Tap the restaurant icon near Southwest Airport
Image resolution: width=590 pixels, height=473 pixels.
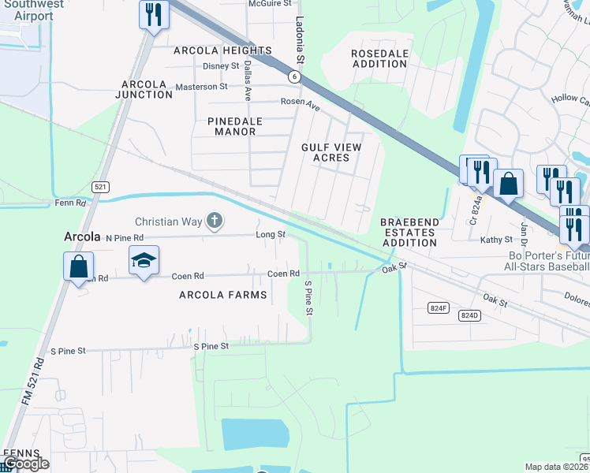point(154,14)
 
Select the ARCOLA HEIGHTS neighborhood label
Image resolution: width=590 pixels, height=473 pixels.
point(223,50)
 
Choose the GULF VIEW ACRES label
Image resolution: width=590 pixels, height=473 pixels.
point(331,152)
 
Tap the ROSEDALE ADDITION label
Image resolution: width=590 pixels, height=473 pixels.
point(380,58)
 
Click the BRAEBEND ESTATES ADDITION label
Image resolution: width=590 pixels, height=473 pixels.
point(409,233)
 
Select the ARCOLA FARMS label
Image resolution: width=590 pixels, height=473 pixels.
point(223,295)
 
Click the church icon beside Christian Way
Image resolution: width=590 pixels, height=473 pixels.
point(214,222)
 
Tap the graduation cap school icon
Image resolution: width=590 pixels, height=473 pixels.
point(144,260)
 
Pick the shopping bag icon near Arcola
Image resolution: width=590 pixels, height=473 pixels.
point(79,266)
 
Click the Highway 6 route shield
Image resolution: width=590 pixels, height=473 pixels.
point(294,76)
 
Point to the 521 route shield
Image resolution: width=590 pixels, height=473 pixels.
point(99,187)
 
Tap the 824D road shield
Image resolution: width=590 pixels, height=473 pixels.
point(469,315)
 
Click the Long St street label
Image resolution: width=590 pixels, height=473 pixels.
point(270,234)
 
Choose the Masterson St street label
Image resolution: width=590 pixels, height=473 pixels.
point(201,86)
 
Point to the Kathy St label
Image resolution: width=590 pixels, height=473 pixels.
point(496,240)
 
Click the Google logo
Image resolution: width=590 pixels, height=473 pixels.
point(26,464)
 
